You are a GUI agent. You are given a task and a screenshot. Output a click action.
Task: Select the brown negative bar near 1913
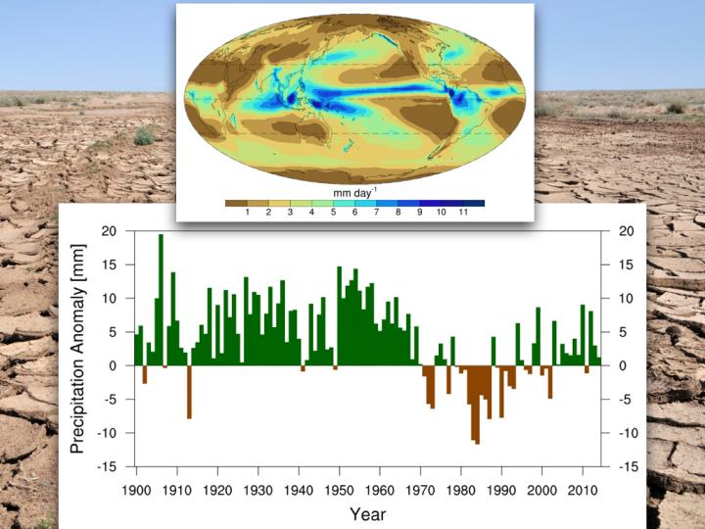[x=189, y=392]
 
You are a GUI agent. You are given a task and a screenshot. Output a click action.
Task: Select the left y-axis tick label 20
[x=109, y=230]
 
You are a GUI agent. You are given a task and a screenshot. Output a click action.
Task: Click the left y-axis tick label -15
[x=107, y=466]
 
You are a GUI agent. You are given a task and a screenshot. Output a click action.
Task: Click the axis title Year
[x=367, y=514]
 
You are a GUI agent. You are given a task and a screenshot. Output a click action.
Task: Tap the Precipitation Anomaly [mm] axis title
[x=79, y=348]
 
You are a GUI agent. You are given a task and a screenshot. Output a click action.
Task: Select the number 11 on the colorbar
[x=462, y=213]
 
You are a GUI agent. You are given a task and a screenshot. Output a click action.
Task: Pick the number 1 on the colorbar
[x=247, y=213]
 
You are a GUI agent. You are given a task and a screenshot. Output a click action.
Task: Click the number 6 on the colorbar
[x=354, y=213]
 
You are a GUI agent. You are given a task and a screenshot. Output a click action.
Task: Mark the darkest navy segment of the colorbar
[x=474, y=203]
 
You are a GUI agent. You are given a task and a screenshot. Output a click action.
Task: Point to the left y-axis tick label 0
[x=113, y=365]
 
